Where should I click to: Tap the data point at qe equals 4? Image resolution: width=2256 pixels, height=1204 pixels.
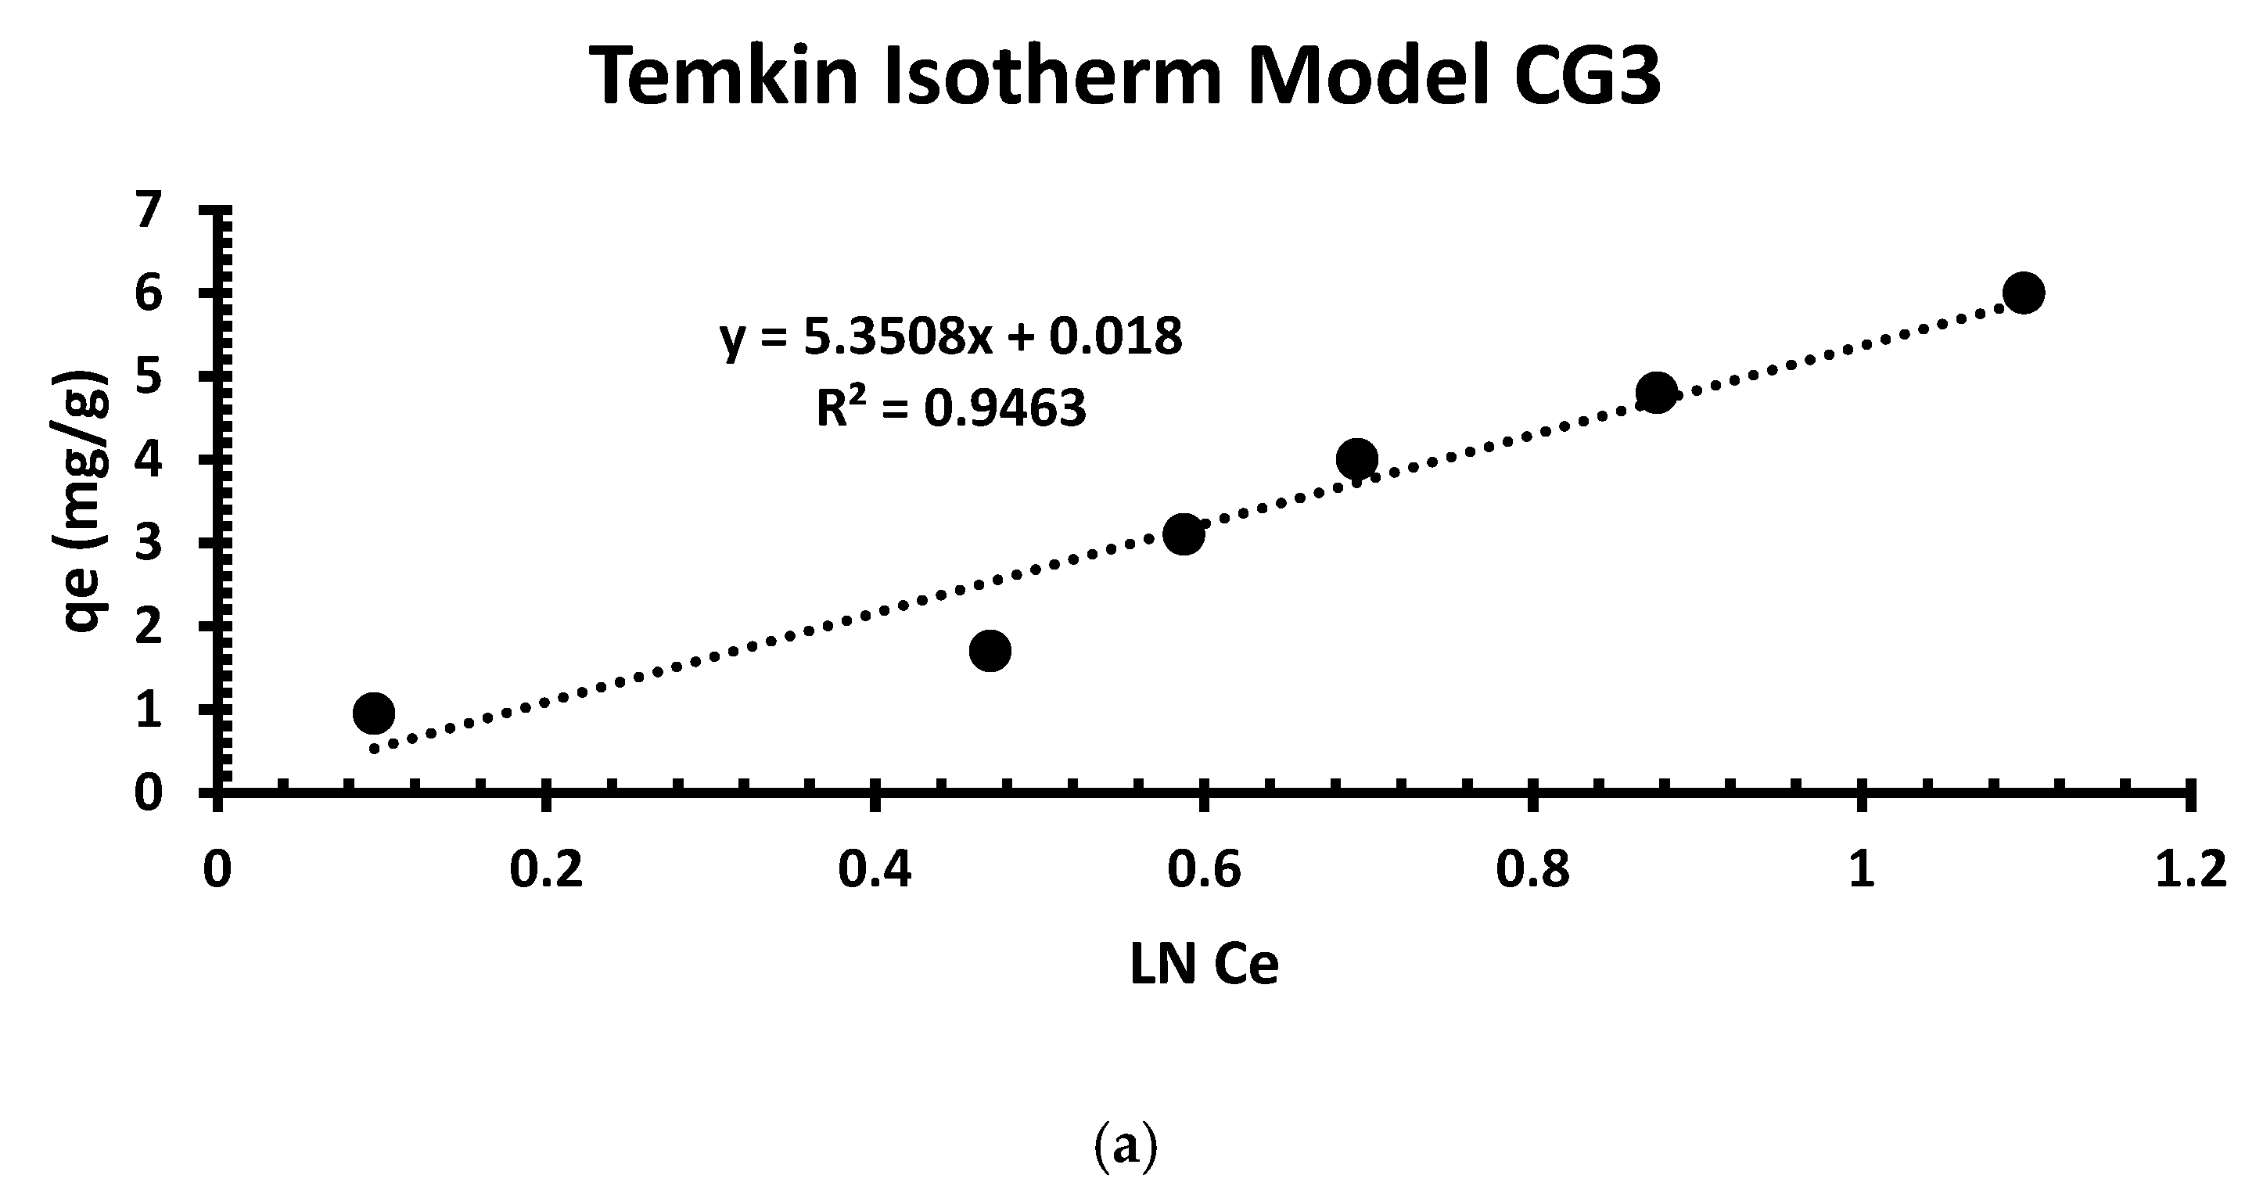(x=1357, y=458)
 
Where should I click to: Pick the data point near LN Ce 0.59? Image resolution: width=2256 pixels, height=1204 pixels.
(x=1184, y=534)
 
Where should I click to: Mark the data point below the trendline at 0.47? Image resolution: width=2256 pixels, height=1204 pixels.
(x=990, y=650)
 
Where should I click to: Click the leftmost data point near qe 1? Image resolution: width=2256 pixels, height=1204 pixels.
(x=374, y=713)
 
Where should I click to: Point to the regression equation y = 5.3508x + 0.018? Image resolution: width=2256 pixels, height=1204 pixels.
(x=951, y=337)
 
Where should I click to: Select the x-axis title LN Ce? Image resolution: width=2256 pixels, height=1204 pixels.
(x=1204, y=965)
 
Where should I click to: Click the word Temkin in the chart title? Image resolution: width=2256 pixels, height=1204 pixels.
(x=727, y=77)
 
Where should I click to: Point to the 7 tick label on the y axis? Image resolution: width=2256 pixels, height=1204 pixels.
(x=149, y=210)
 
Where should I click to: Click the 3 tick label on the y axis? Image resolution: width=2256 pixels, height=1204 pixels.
(x=149, y=543)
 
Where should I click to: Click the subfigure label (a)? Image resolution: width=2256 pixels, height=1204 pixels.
(x=1126, y=1146)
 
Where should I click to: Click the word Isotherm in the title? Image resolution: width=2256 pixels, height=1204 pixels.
(x=1054, y=77)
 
